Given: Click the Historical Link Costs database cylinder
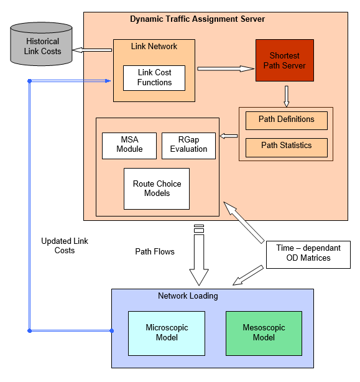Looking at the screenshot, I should [42, 44].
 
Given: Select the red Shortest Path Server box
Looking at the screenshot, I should [284, 60].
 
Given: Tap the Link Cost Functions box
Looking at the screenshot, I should [154, 77].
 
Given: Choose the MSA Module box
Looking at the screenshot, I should [129, 145].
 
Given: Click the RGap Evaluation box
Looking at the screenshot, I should [188, 145].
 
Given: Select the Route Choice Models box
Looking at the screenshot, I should [156, 189].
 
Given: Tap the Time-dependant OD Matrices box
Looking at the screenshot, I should [308, 253].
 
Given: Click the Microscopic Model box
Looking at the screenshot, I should [166, 333].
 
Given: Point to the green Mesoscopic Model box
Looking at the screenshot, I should [264, 333].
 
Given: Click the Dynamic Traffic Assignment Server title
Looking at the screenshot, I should [197, 19].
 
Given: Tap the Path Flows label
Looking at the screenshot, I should [155, 252].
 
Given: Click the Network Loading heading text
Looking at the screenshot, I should [188, 296].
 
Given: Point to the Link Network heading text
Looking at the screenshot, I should [154, 47].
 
